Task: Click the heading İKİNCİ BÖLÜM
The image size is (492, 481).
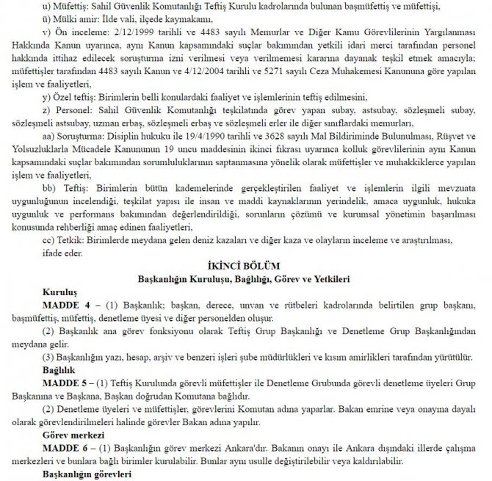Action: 246,263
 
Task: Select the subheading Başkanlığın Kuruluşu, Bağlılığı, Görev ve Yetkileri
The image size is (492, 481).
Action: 246,278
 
